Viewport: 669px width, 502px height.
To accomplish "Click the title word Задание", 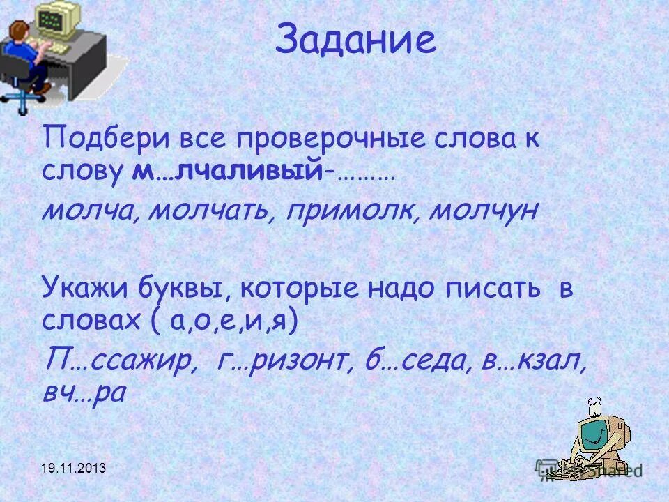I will pyautogui.click(x=355, y=40).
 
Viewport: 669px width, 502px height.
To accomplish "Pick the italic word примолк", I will pyautogui.click(x=352, y=210).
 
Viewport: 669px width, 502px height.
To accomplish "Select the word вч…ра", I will pyautogui.click(x=83, y=393).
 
